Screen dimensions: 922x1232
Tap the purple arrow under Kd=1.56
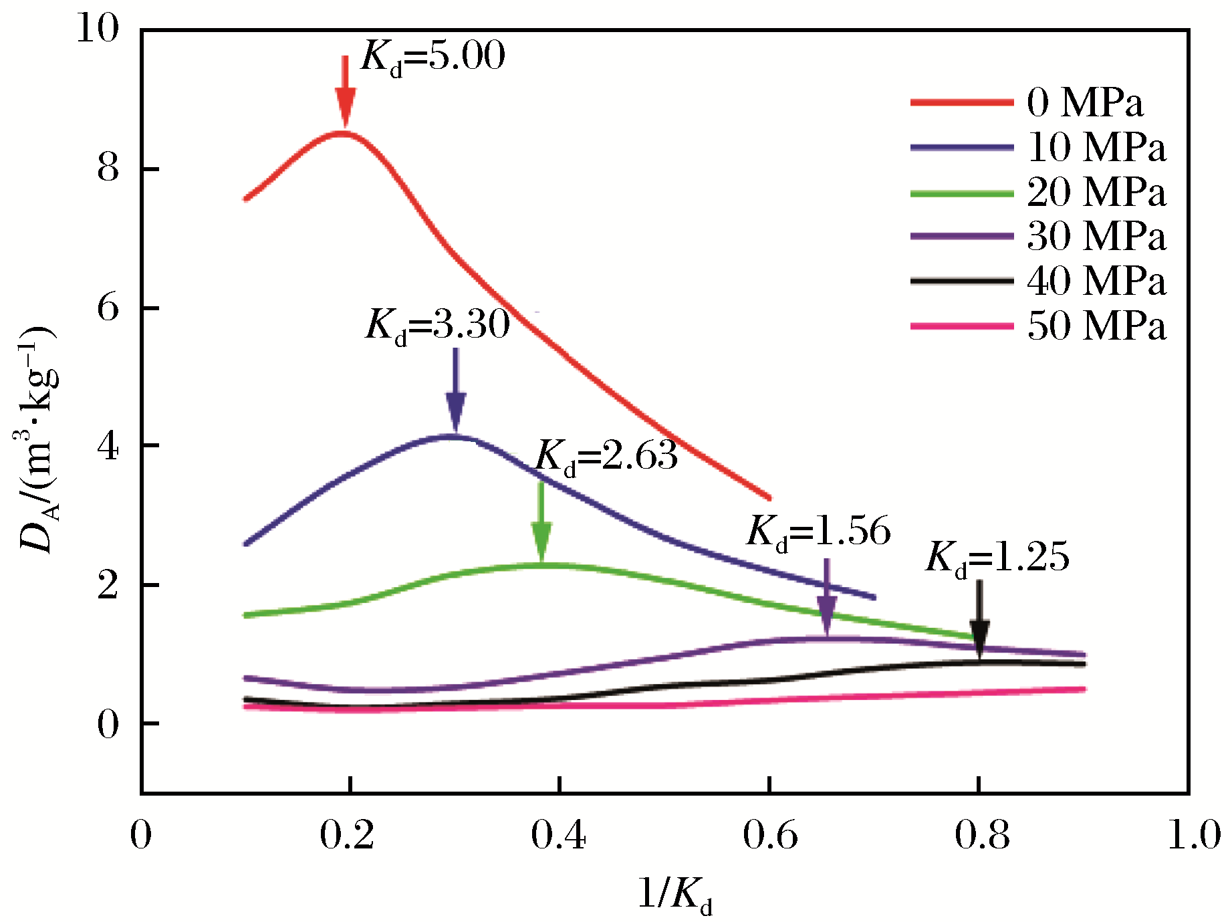point(827,598)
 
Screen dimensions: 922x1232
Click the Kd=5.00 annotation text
point(433,57)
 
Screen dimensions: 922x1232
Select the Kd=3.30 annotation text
point(438,326)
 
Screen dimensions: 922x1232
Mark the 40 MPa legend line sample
point(962,281)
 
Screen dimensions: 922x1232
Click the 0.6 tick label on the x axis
point(770,836)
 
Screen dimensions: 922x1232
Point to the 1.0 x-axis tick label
point(1194,836)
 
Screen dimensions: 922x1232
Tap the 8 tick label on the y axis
point(108,168)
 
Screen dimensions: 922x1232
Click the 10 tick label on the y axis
point(98,29)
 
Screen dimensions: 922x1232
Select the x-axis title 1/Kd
point(675,895)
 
